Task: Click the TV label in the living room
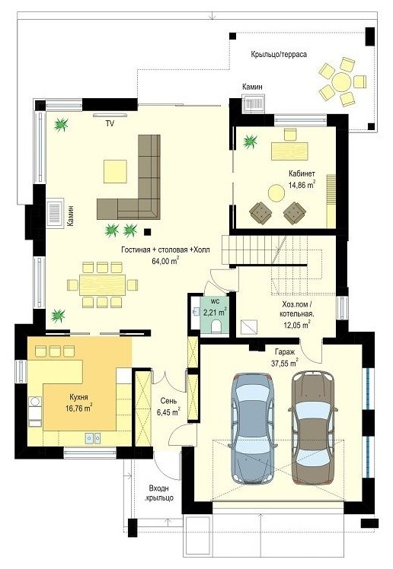pyautogui.click(x=110, y=124)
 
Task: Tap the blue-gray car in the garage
pyautogui.click(x=253, y=428)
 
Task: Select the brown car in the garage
pyautogui.click(x=313, y=428)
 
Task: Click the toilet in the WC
pyautogui.click(x=216, y=326)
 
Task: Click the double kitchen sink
pyautogui.click(x=93, y=438)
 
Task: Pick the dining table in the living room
pyautogui.click(x=102, y=284)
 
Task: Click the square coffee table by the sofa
pyautogui.click(x=115, y=171)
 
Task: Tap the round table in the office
pyautogui.click(x=276, y=192)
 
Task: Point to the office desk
pyautogui.click(x=289, y=151)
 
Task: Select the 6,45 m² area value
pyautogui.click(x=168, y=412)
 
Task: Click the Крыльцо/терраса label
pyautogui.click(x=279, y=55)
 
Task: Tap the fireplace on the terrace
pyautogui.click(x=254, y=104)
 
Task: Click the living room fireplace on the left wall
pyautogui.click(x=55, y=212)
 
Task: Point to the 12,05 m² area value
pyautogui.click(x=297, y=324)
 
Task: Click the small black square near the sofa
pyautogui.click(x=147, y=231)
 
